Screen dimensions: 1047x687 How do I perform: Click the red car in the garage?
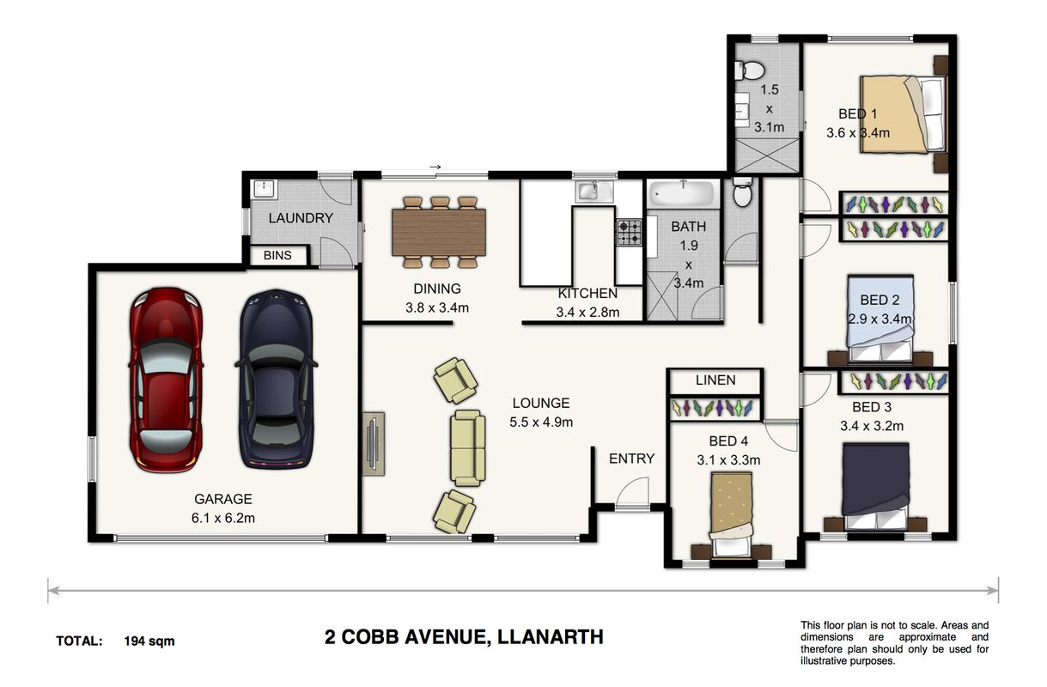point(166,380)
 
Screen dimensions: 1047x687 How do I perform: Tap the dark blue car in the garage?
point(277,379)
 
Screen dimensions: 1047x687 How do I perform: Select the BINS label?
point(277,255)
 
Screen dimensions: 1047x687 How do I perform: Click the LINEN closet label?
point(715,380)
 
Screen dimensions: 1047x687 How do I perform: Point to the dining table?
point(438,232)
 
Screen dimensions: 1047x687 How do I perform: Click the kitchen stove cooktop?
point(629,232)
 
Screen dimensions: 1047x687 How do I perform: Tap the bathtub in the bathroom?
point(683,193)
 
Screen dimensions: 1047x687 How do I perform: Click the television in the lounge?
point(374,443)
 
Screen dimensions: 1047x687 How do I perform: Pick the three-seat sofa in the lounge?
point(467,447)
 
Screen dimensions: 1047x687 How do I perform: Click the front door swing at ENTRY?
point(633,492)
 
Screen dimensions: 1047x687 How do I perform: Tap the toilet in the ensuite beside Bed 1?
point(749,70)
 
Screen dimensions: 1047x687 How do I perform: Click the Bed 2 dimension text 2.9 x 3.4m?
point(880,319)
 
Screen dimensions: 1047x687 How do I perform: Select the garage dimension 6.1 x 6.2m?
point(223,518)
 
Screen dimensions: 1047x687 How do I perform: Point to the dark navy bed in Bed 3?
point(875,486)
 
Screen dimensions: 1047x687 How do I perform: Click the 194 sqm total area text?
point(149,641)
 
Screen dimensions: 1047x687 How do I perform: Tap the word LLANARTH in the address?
point(551,637)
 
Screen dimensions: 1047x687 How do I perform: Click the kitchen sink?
point(594,192)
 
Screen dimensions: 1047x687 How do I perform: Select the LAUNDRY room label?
point(301,218)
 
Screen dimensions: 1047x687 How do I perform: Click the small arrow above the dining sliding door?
point(435,167)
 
